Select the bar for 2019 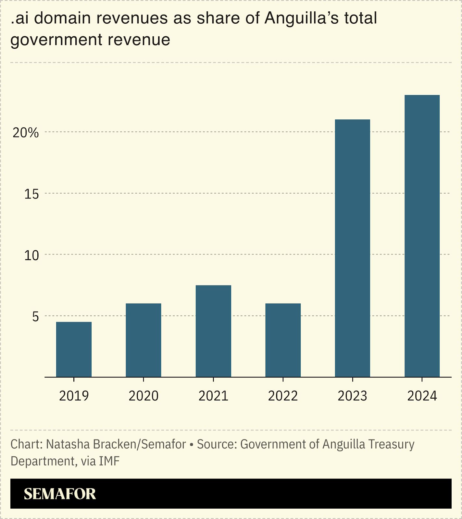tap(74, 349)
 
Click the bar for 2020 tap(143, 340)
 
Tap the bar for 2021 tap(213, 331)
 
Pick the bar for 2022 tap(283, 340)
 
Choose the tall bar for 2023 tap(352, 248)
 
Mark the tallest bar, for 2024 tap(422, 236)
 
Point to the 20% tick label tap(25, 133)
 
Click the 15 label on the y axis tap(31, 194)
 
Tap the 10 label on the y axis tap(31, 255)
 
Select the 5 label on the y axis tap(35, 317)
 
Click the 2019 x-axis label tap(74, 396)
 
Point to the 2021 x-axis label tap(213, 396)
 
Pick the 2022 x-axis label tap(283, 396)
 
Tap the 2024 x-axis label tap(422, 396)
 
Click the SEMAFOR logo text tap(60, 494)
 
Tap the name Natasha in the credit tap(68, 444)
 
